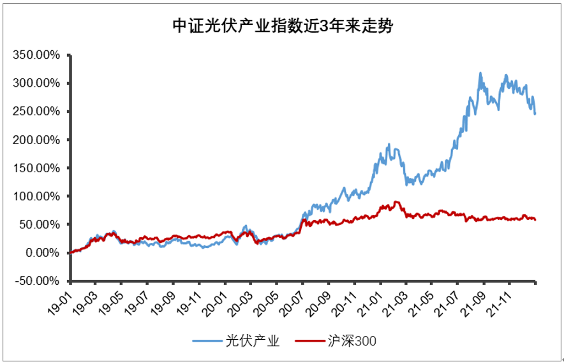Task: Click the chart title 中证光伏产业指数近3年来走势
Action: (281, 26)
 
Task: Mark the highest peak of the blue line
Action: (480, 73)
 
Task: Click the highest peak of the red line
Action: (397, 202)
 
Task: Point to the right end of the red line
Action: (535, 219)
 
